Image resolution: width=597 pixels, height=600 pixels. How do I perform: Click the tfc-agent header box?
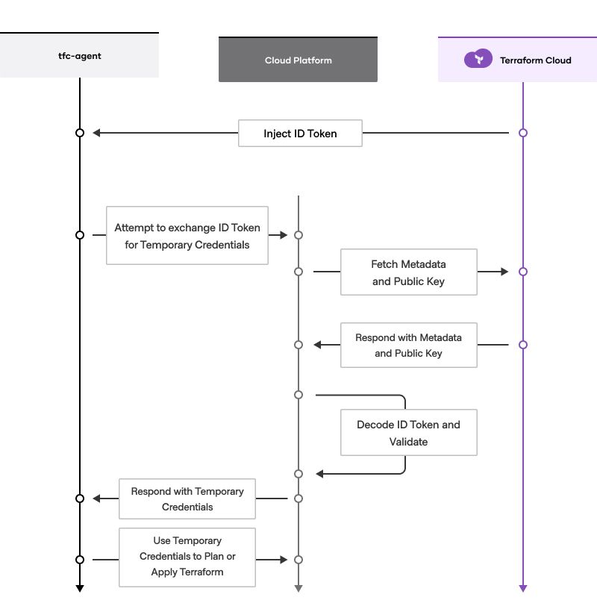point(79,55)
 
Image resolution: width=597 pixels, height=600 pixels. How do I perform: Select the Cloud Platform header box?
point(298,60)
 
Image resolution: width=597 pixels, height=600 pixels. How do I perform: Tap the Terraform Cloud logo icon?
point(478,60)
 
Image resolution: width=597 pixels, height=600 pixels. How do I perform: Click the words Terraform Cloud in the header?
point(535,60)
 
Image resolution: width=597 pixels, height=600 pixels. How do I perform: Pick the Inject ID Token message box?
point(300,134)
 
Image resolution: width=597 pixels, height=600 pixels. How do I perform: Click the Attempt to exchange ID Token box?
point(187,235)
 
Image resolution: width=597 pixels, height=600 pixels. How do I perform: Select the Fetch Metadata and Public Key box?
point(408,272)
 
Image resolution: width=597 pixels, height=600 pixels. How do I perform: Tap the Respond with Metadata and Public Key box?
point(408,345)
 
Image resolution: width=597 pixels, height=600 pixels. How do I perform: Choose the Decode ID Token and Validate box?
point(408,433)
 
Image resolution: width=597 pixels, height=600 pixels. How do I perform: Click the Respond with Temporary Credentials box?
point(187,499)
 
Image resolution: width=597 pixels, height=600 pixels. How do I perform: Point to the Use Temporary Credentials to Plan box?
point(187,556)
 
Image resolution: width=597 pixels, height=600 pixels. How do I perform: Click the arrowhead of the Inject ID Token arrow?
point(97,133)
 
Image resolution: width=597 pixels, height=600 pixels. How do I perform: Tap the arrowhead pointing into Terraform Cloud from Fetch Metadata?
point(504,272)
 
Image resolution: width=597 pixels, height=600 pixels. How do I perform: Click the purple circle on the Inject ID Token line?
point(523,133)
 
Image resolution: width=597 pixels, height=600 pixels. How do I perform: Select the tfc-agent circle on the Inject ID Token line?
point(80,133)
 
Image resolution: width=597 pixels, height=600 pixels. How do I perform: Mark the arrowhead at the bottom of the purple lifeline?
point(523,588)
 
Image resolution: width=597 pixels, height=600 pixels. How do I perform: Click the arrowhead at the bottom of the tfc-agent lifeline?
point(80,588)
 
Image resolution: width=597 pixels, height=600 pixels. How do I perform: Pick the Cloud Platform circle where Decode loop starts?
point(298,394)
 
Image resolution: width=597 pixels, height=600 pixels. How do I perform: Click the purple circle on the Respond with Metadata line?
point(523,345)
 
